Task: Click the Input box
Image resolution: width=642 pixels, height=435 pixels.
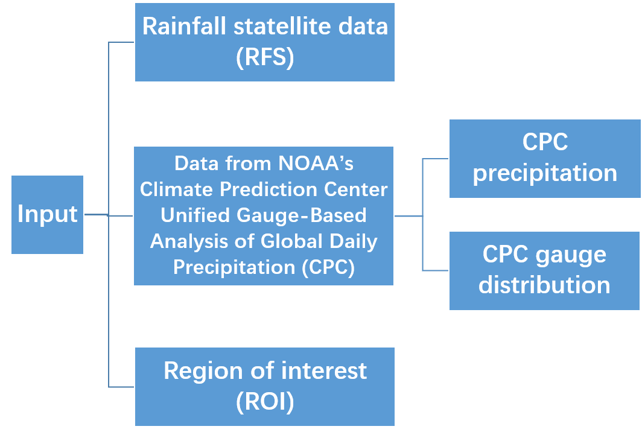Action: pyautogui.click(x=47, y=214)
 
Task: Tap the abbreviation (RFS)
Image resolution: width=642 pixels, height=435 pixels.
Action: pyautogui.click(x=265, y=58)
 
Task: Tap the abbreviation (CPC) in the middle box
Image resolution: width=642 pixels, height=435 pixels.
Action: pyautogui.click(x=328, y=267)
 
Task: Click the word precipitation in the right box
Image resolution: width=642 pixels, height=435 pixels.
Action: pyautogui.click(x=544, y=173)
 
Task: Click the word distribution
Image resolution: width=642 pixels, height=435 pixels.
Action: pyautogui.click(x=544, y=285)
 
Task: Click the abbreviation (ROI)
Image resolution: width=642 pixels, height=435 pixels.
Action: pyautogui.click(x=265, y=402)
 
